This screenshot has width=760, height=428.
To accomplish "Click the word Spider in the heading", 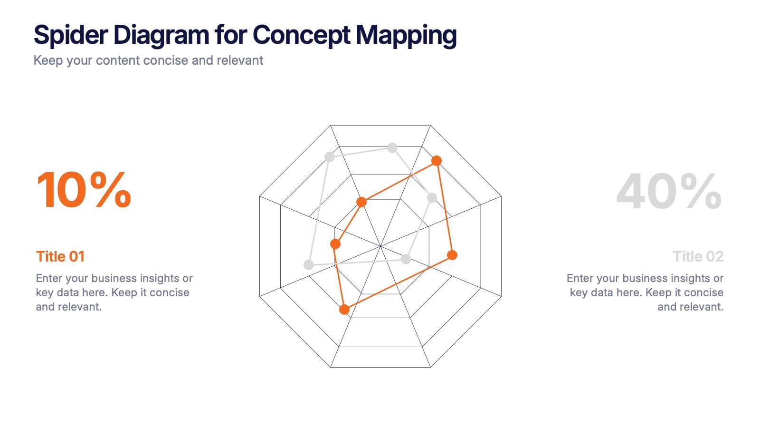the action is click(71, 35).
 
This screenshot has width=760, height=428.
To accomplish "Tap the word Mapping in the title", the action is click(406, 35).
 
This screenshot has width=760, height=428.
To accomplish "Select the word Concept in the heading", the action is click(302, 35).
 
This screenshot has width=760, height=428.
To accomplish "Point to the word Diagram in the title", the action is click(161, 35).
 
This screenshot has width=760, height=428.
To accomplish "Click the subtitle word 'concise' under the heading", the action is click(166, 60).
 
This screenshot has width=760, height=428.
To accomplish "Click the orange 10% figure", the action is click(84, 190).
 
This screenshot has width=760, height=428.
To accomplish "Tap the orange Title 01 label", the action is click(60, 256).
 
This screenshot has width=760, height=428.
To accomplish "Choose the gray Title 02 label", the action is click(698, 256).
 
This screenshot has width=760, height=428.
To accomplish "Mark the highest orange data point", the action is click(437, 161).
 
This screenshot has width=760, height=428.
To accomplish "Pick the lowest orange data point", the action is click(344, 310).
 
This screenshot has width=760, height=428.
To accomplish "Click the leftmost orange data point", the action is click(335, 244).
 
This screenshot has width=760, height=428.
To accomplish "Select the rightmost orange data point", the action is click(452, 255).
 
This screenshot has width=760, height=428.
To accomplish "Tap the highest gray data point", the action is click(392, 148).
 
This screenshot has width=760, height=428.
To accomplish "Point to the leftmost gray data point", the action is click(309, 264).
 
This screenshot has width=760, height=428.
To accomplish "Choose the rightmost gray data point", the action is click(432, 197).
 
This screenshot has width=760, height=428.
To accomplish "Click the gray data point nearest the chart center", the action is click(406, 259).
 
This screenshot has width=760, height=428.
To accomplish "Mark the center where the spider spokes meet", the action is click(380, 246).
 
